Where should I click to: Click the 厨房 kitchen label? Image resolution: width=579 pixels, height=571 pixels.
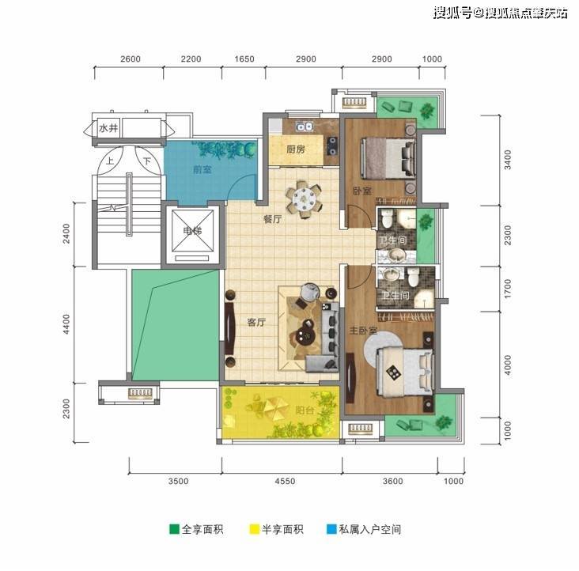[x=296, y=149]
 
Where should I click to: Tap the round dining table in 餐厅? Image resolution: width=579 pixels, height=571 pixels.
[x=304, y=199]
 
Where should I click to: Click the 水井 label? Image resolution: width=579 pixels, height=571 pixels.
[x=108, y=128]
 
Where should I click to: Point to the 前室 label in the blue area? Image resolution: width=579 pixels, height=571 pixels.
[x=202, y=169]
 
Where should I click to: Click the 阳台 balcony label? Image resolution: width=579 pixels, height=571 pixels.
[x=305, y=410]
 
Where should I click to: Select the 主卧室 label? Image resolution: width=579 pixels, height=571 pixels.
[x=363, y=331]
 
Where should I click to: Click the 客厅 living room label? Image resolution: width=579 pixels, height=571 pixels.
[x=256, y=322]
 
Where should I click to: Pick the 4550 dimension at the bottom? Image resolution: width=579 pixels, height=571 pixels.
[x=285, y=481]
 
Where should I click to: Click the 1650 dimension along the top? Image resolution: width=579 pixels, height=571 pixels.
[x=244, y=59]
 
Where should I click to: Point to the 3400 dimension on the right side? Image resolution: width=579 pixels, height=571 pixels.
[x=508, y=160]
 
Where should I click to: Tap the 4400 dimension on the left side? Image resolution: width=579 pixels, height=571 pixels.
[x=66, y=324]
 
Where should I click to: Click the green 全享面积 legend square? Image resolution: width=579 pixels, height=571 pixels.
[x=174, y=529]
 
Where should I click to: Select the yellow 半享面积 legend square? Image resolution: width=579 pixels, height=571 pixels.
[x=255, y=529]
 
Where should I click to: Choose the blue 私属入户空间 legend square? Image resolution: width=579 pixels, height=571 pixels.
[x=331, y=529]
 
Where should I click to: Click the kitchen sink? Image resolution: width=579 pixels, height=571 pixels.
[x=305, y=127]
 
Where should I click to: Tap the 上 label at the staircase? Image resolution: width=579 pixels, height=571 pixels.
[x=110, y=161]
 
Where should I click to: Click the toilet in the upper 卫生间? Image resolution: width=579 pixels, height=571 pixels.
[x=387, y=217]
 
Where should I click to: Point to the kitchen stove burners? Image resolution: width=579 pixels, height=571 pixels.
[x=332, y=146]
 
